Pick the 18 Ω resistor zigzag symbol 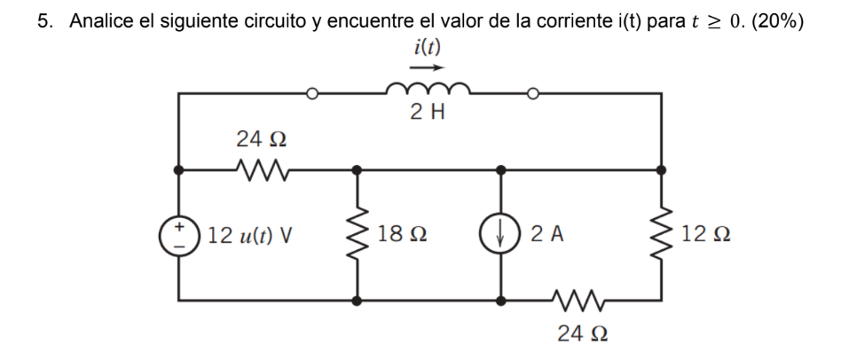click(358, 235)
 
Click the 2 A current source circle click(501, 235)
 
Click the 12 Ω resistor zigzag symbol click(662, 235)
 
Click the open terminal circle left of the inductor click(311, 92)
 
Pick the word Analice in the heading click(100, 22)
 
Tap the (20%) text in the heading click(776, 22)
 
